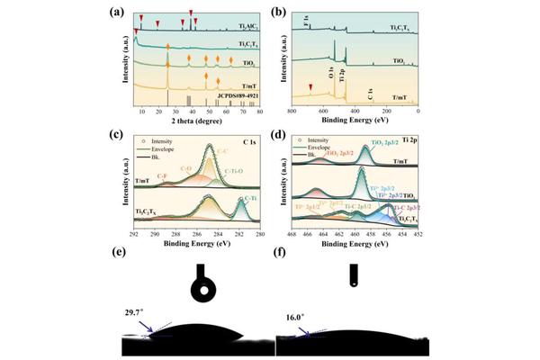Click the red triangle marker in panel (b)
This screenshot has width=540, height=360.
tap(310, 87)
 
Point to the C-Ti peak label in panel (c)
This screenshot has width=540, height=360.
tap(247, 197)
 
